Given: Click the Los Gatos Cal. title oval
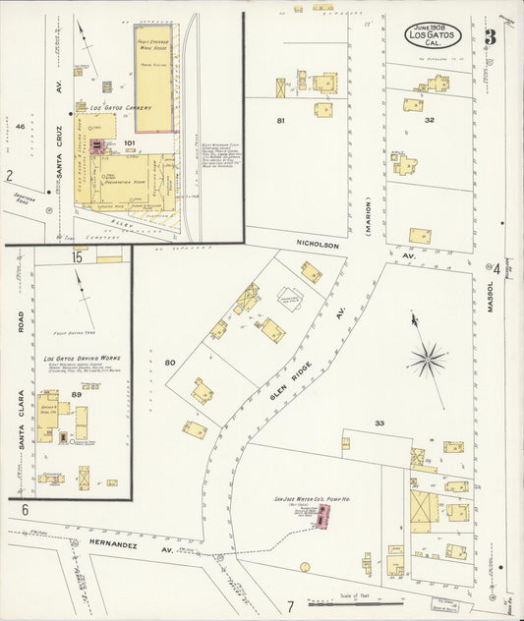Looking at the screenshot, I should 433,38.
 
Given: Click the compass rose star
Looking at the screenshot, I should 426,358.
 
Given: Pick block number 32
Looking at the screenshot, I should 430,120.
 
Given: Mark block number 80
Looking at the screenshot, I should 169,364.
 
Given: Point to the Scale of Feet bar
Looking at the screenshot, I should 355,603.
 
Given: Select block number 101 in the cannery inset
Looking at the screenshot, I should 128,142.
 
